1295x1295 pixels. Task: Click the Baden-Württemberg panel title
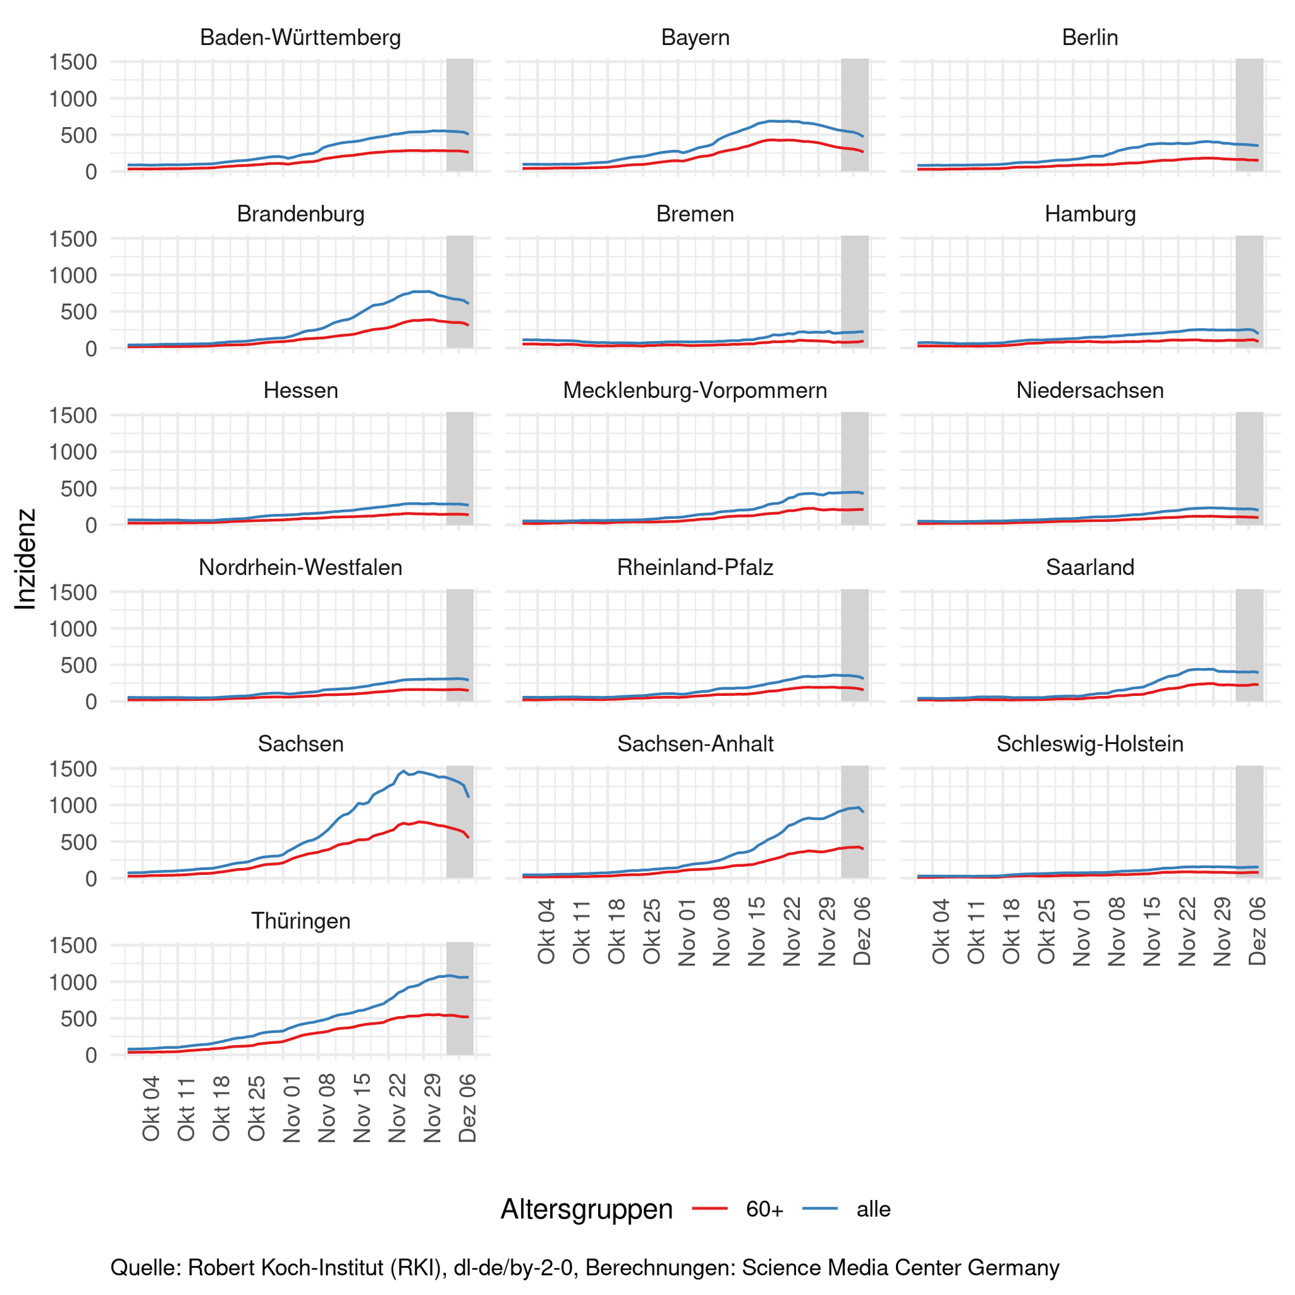pyautogui.click(x=300, y=37)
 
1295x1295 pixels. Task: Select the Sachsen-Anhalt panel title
pyautogui.click(x=695, y=744)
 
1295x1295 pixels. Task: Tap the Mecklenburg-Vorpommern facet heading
pyautogui.click(x=695, y=390)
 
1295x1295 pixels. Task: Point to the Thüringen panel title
pyautogui.click(x=300, y=920)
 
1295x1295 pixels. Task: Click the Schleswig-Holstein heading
pyautogui.click(x=1090, y=744)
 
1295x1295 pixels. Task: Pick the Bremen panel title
pyautogui.click(x=695, y=214)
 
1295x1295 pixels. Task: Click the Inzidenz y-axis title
pyautogui.click(x=25, y=559)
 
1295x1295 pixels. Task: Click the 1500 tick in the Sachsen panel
pyautogui.click(x=74, y=769)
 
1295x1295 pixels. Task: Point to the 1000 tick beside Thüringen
pyautogui.click(x=74, y=982)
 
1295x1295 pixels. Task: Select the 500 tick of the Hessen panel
pyautogui.click(x=83, y=488)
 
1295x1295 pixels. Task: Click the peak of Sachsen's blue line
pyautogui.click(x=403, y=771)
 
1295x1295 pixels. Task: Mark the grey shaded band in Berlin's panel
pyautogui.click(x=1249, y=115)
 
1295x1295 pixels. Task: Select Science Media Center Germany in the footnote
pyautogui.click(x=900, y=1268)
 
